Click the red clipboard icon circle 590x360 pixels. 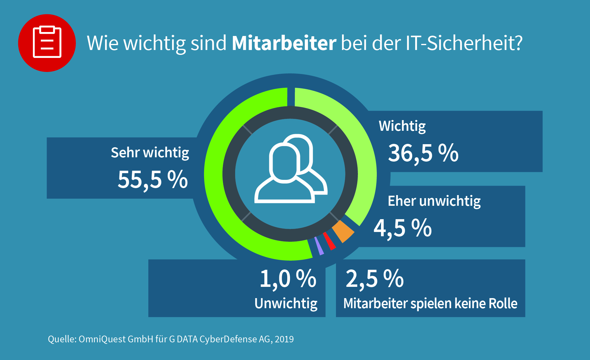pos(47,43)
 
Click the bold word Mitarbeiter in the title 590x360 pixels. pos(284,43)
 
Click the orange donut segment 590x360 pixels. pos(343,231)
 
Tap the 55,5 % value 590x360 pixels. pos(153,180)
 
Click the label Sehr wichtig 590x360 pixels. pos(150,152)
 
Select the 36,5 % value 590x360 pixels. pos(423,153)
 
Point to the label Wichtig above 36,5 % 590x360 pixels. pos(402,126)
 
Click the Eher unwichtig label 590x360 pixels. pos(434,201)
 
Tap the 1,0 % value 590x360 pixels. pos(288,279)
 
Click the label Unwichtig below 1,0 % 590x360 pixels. pos(286,304)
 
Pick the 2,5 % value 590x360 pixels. pos(375,279)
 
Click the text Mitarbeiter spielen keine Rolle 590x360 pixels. pos(430,304)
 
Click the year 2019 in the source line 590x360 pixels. pos(284,339)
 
